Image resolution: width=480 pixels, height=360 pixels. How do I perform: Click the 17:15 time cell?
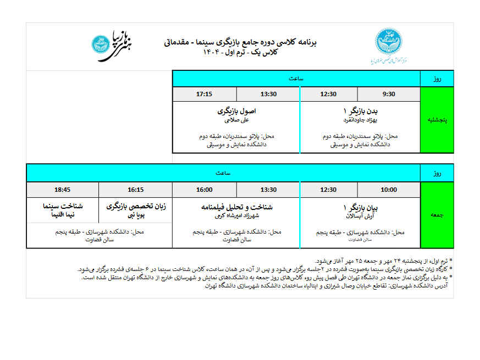tap(204, 94)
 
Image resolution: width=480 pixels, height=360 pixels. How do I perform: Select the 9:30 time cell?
tap(389, 94)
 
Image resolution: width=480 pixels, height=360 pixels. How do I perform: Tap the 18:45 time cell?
tap(62, 190)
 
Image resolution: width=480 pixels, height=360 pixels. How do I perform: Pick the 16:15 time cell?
tap(135, 190)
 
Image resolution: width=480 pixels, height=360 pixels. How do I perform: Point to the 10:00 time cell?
tap(389, 190)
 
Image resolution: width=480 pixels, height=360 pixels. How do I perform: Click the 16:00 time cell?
tap(204, 190)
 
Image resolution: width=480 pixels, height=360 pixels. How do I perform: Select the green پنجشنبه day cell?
tap(437, 119)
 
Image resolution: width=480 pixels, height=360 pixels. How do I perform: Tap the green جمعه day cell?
tap(437, 215)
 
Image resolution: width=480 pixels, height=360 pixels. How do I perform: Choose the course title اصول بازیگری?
tap(237, 110)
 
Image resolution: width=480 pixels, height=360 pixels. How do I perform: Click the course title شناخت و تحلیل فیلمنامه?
tap(237, 207)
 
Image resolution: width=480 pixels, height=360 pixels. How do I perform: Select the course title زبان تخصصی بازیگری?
tap(136, 207)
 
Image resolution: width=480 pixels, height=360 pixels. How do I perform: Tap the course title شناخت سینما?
tap(63, 207)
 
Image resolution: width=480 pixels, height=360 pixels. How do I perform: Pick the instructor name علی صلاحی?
tap(237, 119)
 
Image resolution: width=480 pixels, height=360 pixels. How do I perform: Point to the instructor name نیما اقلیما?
tap(63, 215)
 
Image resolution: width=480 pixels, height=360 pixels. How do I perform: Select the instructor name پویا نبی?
tap(136, 215)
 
